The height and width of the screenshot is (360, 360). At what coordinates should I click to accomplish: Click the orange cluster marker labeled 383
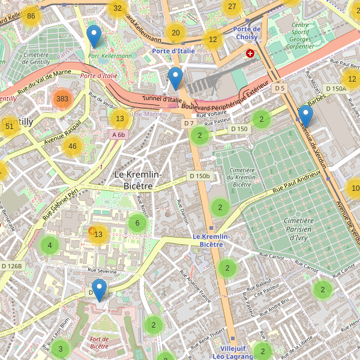point(62,98)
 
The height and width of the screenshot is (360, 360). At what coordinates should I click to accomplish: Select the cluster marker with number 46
point(73,146)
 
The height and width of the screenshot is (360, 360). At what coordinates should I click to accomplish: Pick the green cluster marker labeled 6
point(137,224)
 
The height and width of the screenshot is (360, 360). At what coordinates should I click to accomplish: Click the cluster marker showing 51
point(9,126)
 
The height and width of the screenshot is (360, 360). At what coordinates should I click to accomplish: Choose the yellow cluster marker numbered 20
point(175,33)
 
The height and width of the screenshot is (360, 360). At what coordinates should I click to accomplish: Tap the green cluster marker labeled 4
point(50,245)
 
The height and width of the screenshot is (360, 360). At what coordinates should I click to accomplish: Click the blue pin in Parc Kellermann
point(94,36)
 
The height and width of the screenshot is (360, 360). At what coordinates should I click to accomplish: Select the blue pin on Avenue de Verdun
point(305,116)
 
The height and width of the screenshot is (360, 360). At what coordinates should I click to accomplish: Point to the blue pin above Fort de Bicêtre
point(99,290)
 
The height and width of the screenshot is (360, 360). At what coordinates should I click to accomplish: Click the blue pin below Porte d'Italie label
point(175,78)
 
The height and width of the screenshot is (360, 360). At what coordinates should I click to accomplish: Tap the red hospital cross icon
point(250,53)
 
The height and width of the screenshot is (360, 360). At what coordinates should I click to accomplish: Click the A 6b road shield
point(119,135)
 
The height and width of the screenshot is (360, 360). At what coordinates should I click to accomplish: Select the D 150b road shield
point(199,176)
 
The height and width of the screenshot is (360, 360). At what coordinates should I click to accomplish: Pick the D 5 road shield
point(278,88)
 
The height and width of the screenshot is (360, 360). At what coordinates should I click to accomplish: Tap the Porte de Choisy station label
point(247,33)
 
